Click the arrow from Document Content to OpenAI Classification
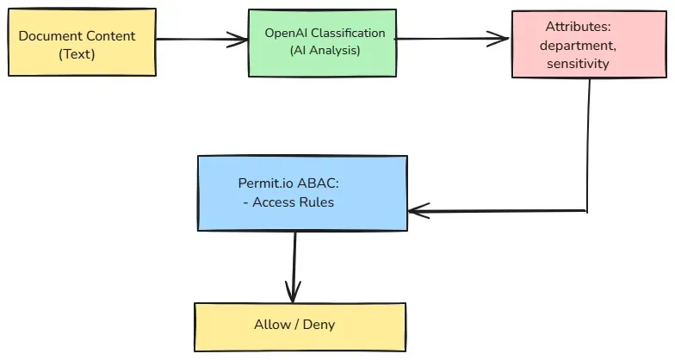click(x=202, y=38)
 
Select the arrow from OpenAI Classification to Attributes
click(x=452, y=37)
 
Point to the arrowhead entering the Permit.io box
click(x=417, y=210)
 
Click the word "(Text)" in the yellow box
click(x=77, y=53)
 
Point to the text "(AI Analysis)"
click(x=325, y=50)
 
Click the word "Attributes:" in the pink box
click(x=574, y=28)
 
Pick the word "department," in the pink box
click(x=574, y=46)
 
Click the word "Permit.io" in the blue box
click(x=263, y=184)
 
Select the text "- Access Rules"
click(x=288, y=202)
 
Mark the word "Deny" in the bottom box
click(x=319, y=325)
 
